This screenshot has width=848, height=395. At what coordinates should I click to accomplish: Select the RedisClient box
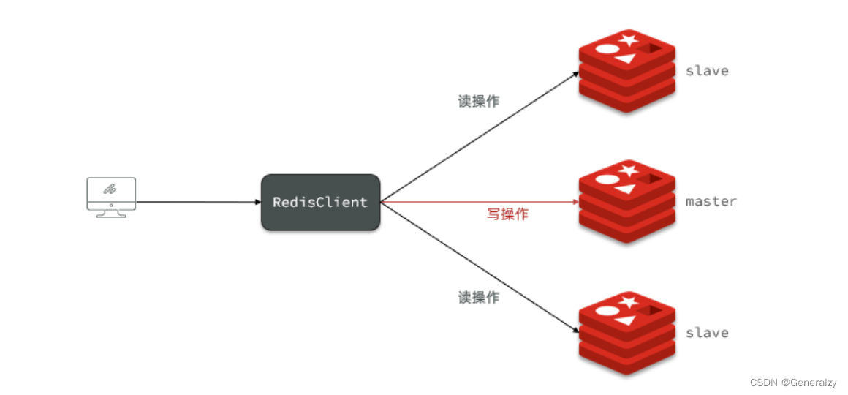320,202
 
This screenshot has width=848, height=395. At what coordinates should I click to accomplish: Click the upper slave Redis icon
626,71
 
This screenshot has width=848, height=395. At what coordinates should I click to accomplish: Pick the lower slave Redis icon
626,333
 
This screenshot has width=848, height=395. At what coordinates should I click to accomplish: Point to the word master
711,201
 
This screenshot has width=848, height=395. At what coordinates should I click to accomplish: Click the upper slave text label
707,71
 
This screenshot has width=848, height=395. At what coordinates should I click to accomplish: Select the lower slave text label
707,333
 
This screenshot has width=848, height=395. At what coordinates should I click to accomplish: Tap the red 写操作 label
507,214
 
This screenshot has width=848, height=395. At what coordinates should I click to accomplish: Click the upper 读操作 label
479,102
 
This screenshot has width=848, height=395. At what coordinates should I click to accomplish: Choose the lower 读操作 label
479,297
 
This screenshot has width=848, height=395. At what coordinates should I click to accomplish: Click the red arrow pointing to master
475,202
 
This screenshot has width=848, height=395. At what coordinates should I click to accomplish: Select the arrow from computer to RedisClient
197,202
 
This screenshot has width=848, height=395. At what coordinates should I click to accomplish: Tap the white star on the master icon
627,171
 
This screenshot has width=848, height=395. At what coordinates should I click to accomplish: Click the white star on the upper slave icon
627,40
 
